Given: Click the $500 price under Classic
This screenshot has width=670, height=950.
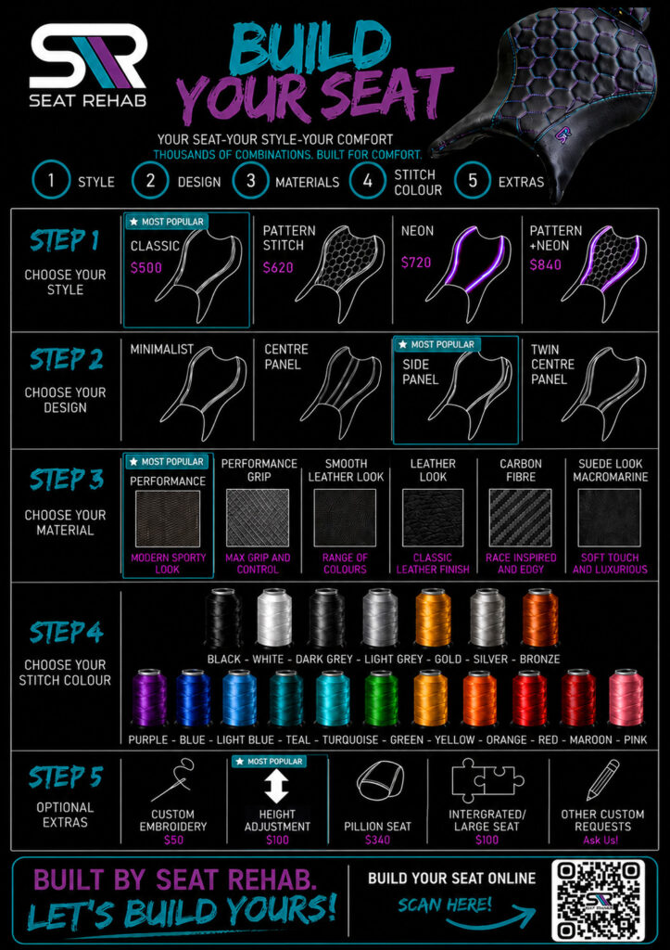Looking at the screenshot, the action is tap(145, 267).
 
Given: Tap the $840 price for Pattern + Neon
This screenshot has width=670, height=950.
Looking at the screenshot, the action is tap(545, 264).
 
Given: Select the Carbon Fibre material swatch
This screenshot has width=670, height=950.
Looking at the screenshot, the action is tap(520, 518).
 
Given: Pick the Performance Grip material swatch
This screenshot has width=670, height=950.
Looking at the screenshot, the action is tap(258, 518).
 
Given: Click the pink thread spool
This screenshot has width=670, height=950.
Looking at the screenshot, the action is tap(626, 698).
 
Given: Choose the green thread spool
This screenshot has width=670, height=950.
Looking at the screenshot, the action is tap(381, 698).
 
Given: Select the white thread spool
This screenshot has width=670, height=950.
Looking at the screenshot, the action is tap(274, 618).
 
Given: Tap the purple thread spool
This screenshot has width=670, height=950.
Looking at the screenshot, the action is tap(149, 698).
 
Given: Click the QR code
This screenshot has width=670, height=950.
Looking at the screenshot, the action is tap(600, 902).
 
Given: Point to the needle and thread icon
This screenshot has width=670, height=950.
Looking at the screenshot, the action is tap(173, 780).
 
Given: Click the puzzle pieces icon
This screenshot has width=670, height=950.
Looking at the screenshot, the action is tap(487, 779).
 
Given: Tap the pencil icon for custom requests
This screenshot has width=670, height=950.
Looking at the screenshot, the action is tap(603, 779).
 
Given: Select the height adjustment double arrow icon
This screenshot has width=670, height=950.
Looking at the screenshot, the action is tap(276, 787).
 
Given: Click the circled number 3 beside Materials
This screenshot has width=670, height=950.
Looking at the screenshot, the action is tap(250, 180).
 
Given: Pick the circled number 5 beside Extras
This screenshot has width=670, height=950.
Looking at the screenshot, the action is tap(473, 180).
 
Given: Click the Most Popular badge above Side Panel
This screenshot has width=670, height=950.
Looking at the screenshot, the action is tap(437, 344).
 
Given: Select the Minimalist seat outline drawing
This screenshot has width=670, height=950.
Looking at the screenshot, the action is tap(205, 385).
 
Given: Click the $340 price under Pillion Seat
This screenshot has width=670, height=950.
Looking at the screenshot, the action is tap(377, 840).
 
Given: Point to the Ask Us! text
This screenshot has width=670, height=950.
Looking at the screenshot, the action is tap(601, 840).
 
